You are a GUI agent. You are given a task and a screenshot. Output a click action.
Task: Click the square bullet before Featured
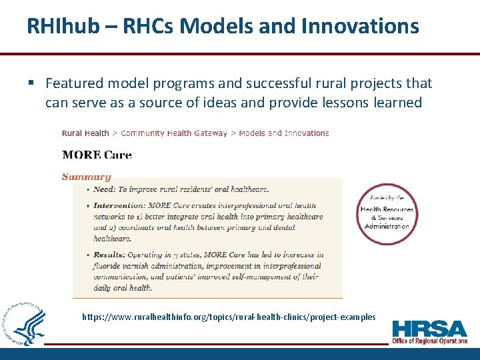(x=31, y=83)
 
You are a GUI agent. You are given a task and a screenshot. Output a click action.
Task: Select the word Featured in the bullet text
(x=74, y=83)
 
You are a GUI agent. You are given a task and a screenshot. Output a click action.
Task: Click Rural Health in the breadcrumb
(x=85, y=133)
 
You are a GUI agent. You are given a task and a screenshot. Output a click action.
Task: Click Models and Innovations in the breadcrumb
(x=283, y=133)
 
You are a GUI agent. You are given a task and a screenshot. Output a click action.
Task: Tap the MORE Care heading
(x=97, y=155)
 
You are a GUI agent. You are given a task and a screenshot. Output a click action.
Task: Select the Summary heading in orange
(x=86, y=177)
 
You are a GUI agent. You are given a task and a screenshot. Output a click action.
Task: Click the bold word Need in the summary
(x=104, y=189)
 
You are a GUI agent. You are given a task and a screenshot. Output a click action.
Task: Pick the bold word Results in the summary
(x=109, y=255)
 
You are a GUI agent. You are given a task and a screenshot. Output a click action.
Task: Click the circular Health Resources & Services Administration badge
(x=387, y=215)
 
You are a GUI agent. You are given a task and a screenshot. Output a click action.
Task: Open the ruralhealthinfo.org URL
(x=229, y=317)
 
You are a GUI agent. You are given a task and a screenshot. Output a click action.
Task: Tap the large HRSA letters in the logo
(x=429, y=329)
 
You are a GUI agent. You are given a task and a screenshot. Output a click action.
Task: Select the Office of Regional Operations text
(x=429, y=341)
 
